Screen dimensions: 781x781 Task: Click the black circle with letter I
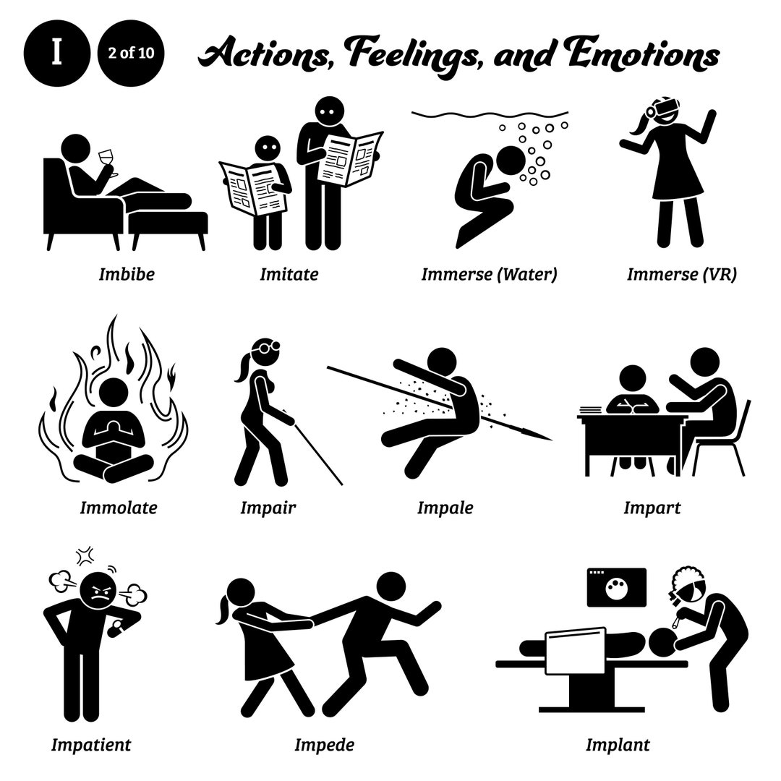pyautogui.click(x=57, y=54)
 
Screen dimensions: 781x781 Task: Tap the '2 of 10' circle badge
pyautogui.click(x=131, y=54)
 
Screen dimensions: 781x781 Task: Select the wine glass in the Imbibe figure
pyautogui.click(x=107, y=162)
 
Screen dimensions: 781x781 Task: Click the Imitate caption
pyautogui.click(x=289, y=274)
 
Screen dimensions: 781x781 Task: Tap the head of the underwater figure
pyautogui.click(x=511, y=161)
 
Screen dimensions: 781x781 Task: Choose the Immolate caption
pyautogui.click(x=119, y=508)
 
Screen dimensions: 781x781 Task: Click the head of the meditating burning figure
pyautogui.click(x=114, y=393)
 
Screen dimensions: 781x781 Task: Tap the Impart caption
pyautogui.click(x=652, y=508)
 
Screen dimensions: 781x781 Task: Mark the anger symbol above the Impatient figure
pyautogui.click(x=86, y=555)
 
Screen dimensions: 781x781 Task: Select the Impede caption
pyautogui.click(x=324, y=745)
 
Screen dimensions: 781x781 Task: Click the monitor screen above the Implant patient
pyautogui.click(x=617, y=588)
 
